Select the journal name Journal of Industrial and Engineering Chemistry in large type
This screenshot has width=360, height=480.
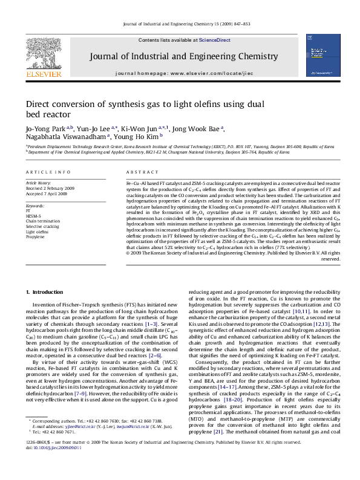[x=180, y=57]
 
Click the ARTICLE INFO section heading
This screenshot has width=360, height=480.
[x=46, y=172]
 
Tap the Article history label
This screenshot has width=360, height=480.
[x=39, y=182]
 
